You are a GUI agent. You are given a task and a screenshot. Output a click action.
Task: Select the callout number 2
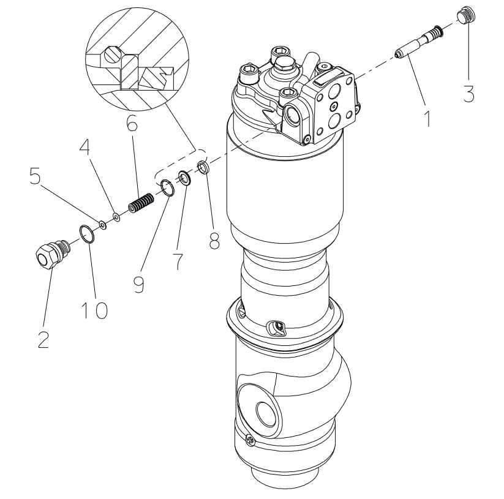pos(43,340)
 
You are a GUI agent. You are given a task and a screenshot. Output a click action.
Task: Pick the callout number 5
pos(36,175)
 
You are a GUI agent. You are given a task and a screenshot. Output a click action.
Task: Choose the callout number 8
pos(214,240)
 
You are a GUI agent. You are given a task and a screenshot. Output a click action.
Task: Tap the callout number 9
pos(139,283)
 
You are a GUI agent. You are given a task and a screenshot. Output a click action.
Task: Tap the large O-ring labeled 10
pos(87,234)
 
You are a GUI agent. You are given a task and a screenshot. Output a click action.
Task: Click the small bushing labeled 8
pos(203,167)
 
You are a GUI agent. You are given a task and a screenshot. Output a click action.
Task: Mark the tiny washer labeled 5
pos(103,225)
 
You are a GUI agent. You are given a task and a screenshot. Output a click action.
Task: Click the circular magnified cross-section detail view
pos(137,59)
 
